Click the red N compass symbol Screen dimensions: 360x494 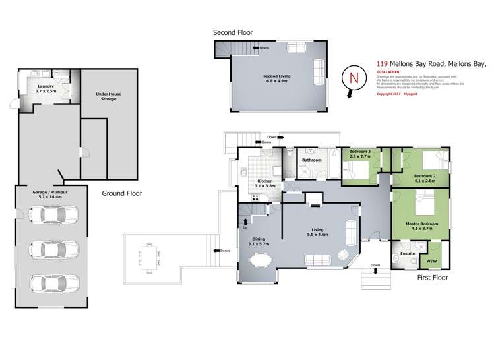(x=353, y=78)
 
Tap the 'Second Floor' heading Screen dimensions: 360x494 (x=232, y=32)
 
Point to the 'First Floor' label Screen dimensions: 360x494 (x=433, y=278)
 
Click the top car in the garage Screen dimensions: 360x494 (x=49, y=216)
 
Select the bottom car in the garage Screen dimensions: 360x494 (x=49, y=283)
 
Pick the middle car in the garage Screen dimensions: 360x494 (x=49, y=249)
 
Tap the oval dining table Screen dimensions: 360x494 (x=258, y=261)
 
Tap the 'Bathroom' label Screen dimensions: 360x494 (x=311, y=160)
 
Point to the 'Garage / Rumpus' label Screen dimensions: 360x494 (x=50, y=194)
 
